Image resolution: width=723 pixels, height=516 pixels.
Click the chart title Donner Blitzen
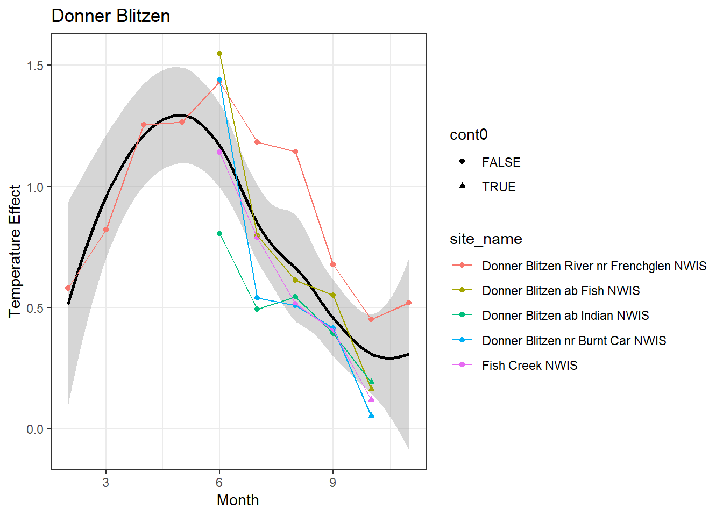[111, 16]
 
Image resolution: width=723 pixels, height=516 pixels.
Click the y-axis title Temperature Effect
[15, 251]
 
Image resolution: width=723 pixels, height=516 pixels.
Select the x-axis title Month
[238, 500]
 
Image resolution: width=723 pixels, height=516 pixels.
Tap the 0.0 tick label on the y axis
[36, 429]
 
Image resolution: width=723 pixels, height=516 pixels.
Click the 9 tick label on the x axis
[332, 483]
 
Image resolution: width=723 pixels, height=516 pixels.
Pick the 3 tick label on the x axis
[105, 483]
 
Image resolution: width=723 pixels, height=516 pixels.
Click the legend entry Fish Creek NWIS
[529, 365]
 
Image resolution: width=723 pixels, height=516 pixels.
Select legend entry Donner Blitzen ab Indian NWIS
[565, 316]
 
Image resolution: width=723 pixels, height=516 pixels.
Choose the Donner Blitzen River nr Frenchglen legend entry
[594, 266]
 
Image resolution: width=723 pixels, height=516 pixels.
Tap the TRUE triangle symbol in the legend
[462, 186]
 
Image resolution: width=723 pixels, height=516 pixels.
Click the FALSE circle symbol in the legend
[462, 161]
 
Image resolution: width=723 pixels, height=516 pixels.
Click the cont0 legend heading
[469, 135]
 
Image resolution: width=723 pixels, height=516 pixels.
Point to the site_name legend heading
[486, 239]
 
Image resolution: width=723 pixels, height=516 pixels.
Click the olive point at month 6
[219, 53]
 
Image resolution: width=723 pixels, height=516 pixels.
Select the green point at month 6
[219, 233]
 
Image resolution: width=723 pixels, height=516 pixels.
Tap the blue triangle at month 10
[371, 415]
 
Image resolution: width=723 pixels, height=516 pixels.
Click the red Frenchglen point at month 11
[409, 303]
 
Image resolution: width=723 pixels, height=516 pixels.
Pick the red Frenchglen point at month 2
[68, 288]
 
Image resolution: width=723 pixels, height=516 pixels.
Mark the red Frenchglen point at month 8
[295, 152]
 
